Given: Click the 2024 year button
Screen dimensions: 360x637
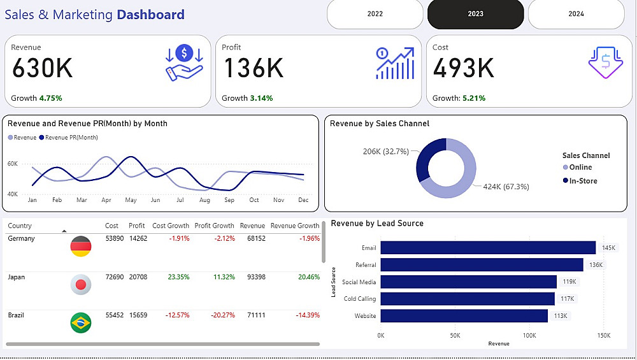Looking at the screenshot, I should (x=576, y=14).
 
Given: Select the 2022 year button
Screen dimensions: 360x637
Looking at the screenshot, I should (x=375, y=14).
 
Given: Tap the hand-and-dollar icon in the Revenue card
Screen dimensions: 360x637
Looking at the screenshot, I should (x=184, y=62).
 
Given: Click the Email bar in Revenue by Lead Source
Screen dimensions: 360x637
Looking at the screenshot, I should (x=488, y=248).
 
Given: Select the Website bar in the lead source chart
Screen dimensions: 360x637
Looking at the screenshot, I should (x=464, y=316).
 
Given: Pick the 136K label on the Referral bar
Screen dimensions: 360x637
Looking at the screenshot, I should (x=595, y=265).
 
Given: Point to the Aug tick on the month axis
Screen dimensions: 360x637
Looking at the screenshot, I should (x=204, y=200).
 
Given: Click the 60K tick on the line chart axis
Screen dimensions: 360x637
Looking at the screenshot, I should (x=13, y=164).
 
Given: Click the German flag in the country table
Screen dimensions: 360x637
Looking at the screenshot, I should (x=81, y=247).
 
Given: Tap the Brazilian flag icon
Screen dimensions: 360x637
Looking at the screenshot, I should (x=81, y=322).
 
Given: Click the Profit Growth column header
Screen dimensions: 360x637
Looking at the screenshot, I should (x=214, y=226).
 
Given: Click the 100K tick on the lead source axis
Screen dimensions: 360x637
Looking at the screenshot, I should (x=529, y=335).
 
